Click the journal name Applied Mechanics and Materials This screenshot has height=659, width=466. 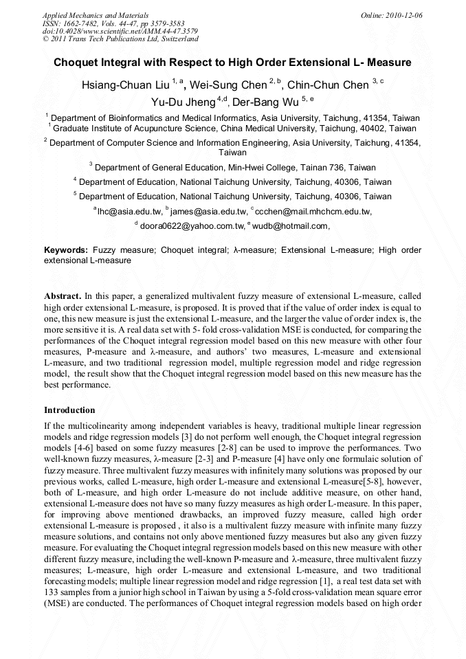pos(95,14)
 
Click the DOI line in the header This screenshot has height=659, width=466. pos(120,31)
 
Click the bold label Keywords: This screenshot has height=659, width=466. pos(66,250)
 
